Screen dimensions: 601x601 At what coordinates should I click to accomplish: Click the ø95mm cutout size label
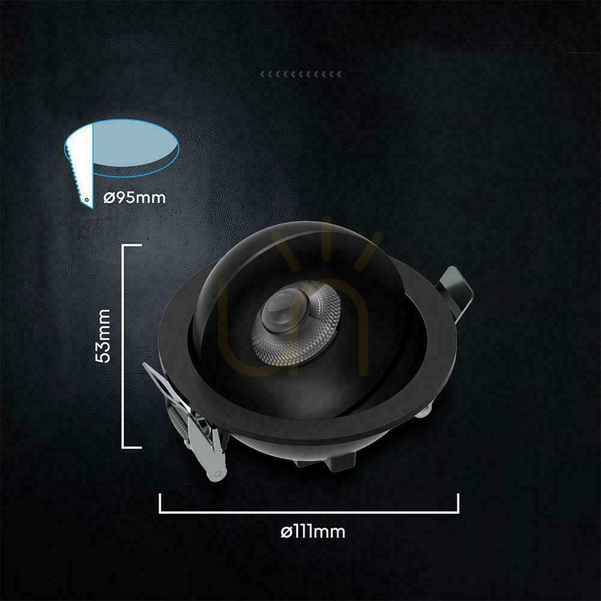tap(135, 198)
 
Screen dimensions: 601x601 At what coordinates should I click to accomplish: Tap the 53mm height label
tap(103, 336)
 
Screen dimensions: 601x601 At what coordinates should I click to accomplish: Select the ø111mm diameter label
tap(313, 532)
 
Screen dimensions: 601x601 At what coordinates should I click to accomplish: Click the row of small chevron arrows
tap(301, 74)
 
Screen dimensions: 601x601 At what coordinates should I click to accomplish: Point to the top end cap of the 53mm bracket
tap(132, 245)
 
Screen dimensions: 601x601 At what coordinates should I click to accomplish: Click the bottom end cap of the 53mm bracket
tap(132, 447)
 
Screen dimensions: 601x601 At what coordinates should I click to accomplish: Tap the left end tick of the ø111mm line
tap(160, 503)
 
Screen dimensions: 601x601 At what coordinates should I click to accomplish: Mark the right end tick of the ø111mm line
tap(458, 503)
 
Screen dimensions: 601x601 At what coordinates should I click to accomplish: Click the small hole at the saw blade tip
tap(87, 200)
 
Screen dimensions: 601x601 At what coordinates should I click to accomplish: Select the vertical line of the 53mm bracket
tap(123, 346)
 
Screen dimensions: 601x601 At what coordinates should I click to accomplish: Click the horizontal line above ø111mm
tap(309, 511)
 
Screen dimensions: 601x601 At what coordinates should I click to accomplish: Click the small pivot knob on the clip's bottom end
tap(218, 474)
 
